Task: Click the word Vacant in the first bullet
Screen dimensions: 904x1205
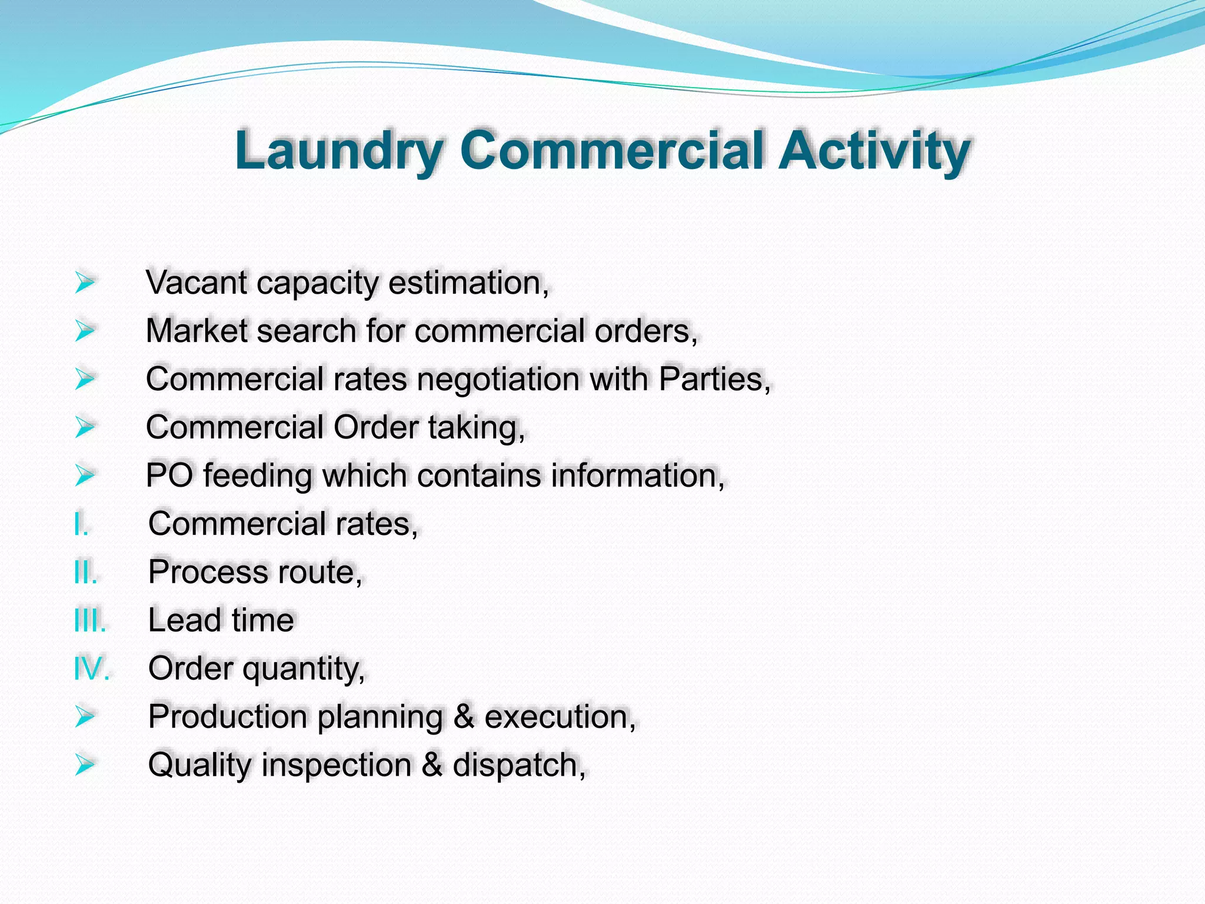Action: click(196, 282)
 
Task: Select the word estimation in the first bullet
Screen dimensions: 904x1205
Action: click(468, 282)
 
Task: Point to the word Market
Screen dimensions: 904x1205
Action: click(196, 331)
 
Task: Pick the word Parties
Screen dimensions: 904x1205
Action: click(714, 379)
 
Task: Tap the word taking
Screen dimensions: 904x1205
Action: click(476, 428)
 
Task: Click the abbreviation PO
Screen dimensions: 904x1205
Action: click(169, 476)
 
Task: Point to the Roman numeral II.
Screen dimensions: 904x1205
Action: click(85, 572)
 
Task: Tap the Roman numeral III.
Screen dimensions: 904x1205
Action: click(90, 620)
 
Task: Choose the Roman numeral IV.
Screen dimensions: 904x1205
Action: click(92, 669)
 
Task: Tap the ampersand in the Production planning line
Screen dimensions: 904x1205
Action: click(464, 717)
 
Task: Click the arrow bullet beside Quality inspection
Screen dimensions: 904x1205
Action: click(85, 765)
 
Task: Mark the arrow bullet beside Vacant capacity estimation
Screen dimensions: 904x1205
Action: click(85, 282)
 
